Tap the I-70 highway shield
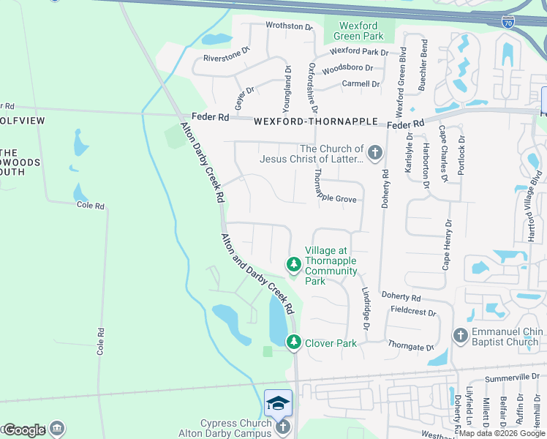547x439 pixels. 508,23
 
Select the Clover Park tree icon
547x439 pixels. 294,342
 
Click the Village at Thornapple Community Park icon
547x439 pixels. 294,263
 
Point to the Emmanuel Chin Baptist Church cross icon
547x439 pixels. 461,335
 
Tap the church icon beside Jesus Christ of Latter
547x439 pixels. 375,153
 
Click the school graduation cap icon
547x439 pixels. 279,402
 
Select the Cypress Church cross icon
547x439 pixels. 283,427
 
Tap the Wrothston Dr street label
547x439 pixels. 289,26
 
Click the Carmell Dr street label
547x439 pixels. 361,84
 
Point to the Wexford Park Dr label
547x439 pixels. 359,52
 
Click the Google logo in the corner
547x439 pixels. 24,429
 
